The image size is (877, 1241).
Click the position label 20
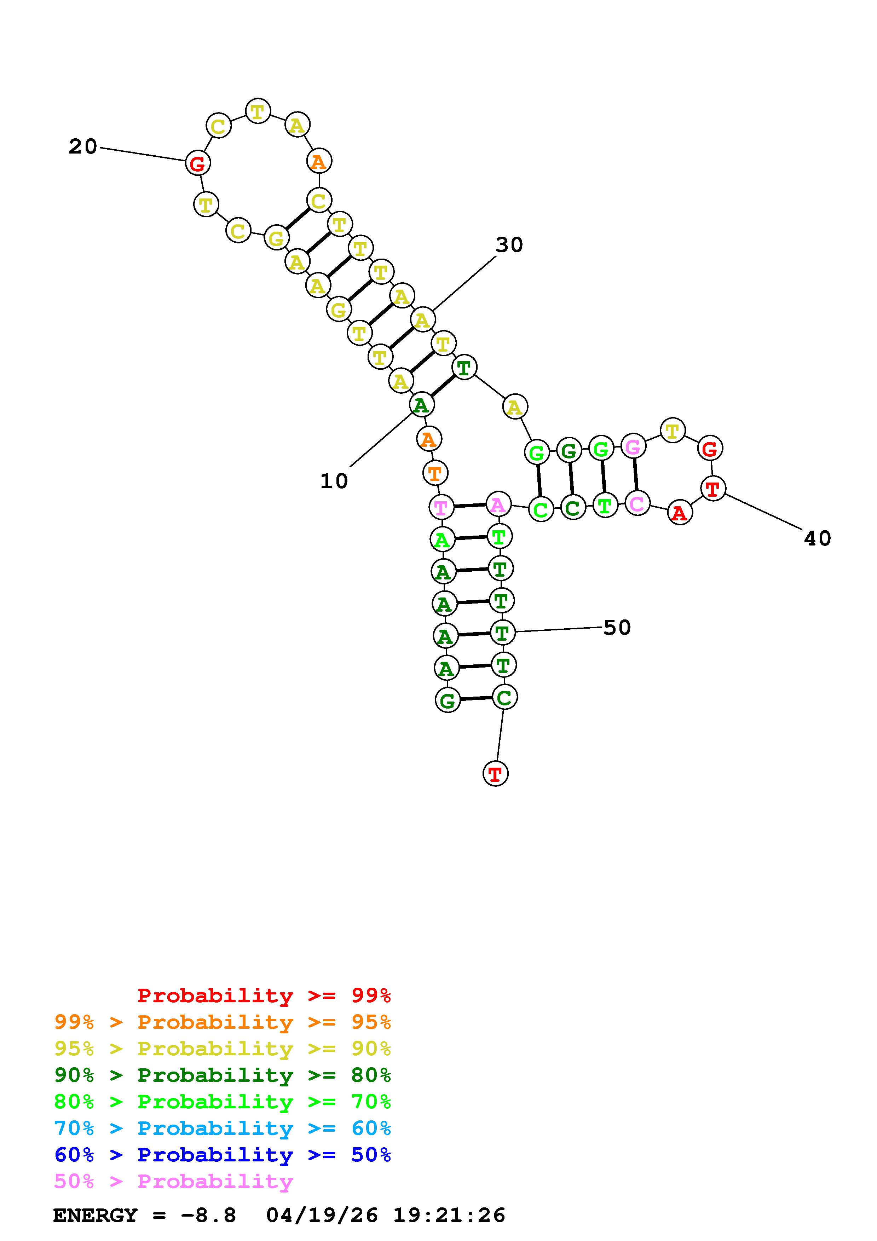83,146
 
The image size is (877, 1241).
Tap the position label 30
509,245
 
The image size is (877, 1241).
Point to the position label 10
334,480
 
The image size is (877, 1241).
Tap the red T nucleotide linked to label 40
713,489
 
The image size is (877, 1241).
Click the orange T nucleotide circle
435,473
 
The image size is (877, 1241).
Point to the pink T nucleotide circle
442,507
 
